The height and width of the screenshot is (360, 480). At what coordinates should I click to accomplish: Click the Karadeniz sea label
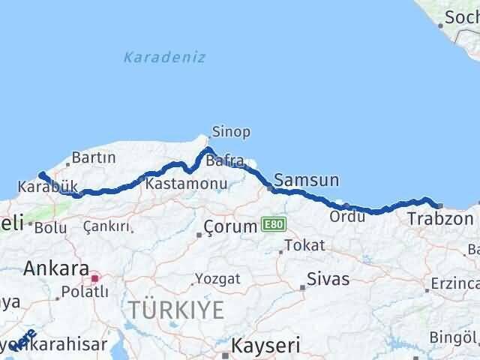point(164,57)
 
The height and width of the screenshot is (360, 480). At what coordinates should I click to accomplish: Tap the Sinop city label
point(230,131)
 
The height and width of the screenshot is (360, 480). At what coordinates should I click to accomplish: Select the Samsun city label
point(306,180)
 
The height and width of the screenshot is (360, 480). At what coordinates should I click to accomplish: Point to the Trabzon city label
point(440,218)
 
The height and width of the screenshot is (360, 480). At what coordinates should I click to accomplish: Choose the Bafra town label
point(225,160)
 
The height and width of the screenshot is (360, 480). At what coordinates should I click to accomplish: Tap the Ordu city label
point(346,216)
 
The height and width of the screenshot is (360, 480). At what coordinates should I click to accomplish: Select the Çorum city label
point(230,226)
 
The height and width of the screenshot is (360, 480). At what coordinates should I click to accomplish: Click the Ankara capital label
point(56,268)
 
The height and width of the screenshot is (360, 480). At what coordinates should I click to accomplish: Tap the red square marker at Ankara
point(94,278)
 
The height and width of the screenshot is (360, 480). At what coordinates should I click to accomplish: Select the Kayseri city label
point(265,346)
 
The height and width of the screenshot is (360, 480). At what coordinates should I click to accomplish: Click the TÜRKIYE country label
point(176,309)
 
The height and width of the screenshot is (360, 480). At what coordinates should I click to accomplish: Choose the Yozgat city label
point(217,279)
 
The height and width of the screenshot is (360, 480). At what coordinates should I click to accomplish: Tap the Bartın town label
point(93,158)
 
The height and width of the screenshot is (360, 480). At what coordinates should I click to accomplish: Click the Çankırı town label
point(106,226)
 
